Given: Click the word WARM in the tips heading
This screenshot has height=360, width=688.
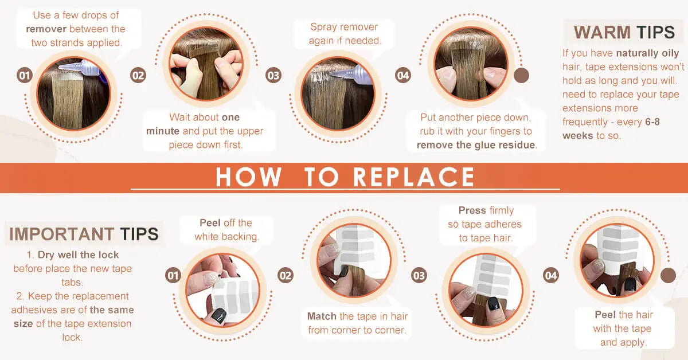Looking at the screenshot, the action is point(602,32).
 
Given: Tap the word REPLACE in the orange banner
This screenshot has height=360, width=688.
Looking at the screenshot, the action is point(413,177).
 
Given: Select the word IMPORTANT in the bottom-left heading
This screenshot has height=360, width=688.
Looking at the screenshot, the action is point(62,234).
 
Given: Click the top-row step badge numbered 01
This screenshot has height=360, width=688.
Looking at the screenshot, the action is point(25,76).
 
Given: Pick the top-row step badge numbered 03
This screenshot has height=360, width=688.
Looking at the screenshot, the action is point(273,76).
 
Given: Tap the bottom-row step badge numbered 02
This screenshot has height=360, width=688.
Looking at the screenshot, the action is point(286,275).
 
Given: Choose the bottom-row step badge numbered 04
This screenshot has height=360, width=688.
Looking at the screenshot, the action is point(551,275).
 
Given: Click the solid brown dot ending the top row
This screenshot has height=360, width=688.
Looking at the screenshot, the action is point(521,75).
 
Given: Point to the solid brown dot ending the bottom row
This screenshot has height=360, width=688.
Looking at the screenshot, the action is point(668,275).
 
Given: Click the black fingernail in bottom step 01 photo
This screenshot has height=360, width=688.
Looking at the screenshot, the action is point(219,315).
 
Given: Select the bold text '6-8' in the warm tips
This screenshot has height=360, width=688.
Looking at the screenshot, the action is point(652,122).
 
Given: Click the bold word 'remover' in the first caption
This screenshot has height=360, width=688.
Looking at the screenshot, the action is point(46,29).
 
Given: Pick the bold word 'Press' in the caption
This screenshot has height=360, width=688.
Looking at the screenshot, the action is point(472,210).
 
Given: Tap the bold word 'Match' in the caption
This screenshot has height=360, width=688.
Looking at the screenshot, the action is point(322,316).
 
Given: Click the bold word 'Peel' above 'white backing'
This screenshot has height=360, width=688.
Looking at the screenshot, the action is point(210,222).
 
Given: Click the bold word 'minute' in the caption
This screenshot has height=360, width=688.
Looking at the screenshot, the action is point(163,131).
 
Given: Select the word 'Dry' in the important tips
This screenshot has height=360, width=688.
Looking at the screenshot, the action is point(46,255).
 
